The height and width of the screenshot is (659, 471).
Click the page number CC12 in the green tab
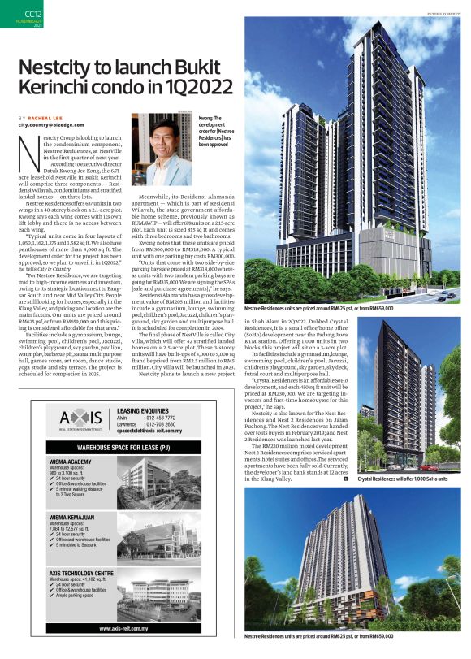(32, 14)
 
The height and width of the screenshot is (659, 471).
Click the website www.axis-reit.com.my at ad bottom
(128, 629)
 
